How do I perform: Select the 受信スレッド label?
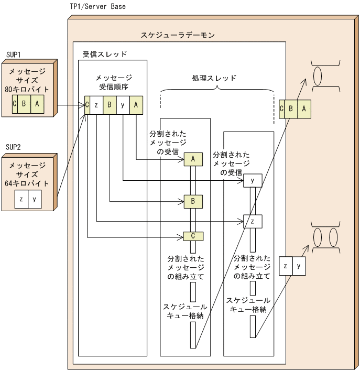coord(105,54)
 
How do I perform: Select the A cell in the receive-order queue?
coord(136,104)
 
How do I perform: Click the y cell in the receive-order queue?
coord(123,104)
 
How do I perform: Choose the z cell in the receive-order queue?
coord(96,104)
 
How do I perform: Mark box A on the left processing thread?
coord(193,159)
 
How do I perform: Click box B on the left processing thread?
coord(193,201)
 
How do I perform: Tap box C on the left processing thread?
coord(193,236)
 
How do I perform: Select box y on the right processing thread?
coord(252,181)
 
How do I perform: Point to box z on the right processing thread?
coord(252,221)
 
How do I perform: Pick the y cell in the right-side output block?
coord(299,266)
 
